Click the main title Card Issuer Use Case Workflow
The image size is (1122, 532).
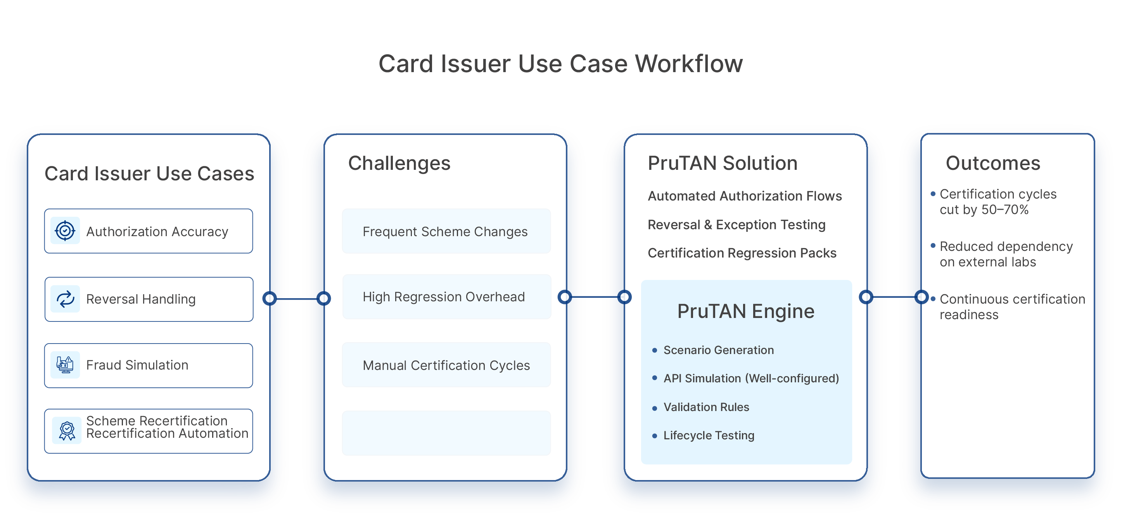tap(560, 64)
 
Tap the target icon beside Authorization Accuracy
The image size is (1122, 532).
tap(65, 230)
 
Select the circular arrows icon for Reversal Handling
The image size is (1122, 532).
tap(65, 299)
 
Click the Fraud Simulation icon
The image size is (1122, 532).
tap(65, 364)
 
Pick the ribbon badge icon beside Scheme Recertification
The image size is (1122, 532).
tap(67, 430)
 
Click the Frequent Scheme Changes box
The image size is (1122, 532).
tap(446, 231)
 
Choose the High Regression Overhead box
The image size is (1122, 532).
tap(446, 297)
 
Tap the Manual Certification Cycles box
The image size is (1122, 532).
tap(446, 365)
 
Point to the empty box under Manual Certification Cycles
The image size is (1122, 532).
tap(446, 433)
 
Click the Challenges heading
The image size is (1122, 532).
tap(399, 163)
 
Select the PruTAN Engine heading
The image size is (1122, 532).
tap(746, 311)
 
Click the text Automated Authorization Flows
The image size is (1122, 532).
tap(745, 196)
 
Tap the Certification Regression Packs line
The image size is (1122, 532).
tap(742, 253)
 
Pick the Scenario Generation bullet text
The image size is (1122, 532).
tap(719, 350)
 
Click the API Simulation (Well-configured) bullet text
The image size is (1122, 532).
tap(751, 378)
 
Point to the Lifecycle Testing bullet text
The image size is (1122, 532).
tap(709, 435)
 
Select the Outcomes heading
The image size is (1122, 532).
tap(993, 163)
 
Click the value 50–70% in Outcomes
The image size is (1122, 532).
tap(1005, 210)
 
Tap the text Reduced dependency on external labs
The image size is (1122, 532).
tap(1006, 254)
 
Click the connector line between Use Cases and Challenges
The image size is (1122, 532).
tap(297, 299)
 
